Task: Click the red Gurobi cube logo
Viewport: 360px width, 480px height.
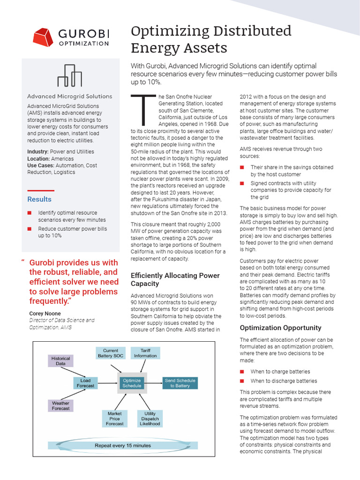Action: tap(43, 37)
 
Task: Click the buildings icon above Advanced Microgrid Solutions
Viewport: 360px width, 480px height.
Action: tap(69, 75)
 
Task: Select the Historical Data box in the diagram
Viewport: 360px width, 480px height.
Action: tap(60, 360)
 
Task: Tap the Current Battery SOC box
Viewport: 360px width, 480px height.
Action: tap(112, 353)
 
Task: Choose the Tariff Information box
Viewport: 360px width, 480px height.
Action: tap(145, 353)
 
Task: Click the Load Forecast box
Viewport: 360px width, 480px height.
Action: tap(85, 383)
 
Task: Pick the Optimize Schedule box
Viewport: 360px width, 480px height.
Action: tap(132, 383)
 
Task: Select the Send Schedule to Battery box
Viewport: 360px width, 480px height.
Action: tap(180, 383)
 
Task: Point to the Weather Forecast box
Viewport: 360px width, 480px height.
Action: tap(60, 406)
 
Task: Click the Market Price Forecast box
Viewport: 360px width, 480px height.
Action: tap(114, 419)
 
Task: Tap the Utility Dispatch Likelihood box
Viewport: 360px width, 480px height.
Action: tap(150, 419)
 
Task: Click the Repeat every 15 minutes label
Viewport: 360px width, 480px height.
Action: tap(123, 445)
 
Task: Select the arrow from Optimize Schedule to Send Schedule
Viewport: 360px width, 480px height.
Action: tap(154, 383)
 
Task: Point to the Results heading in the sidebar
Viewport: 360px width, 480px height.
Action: tap(39, 199)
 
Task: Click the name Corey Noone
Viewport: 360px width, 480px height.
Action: tap(45, 314)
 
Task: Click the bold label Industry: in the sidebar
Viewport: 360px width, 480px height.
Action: tap(38, 151)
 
